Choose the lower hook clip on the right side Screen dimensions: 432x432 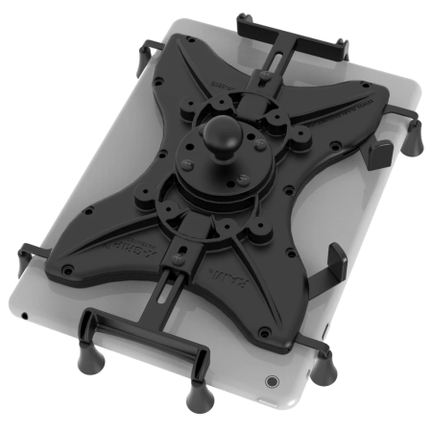(x=336, y=259)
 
